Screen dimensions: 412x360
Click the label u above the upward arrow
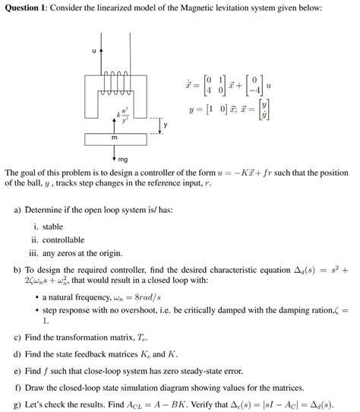[x=93, y=51]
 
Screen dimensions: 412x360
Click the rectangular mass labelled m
[x=113, y=140]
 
